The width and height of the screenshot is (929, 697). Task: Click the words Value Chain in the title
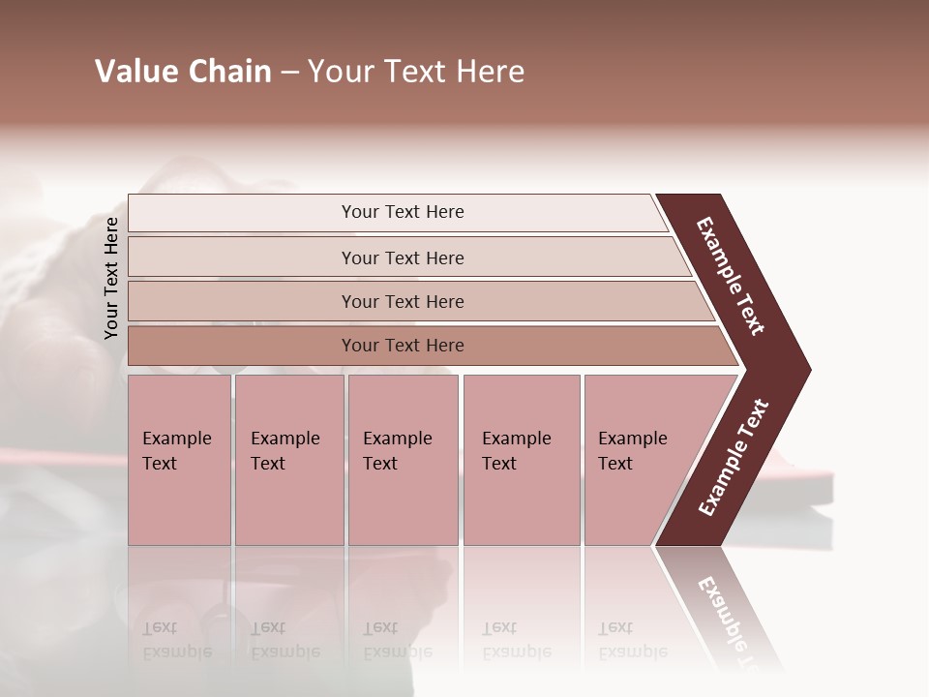click(x=183, y=72)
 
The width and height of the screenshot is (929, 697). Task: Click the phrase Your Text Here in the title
click(x=416, y=72)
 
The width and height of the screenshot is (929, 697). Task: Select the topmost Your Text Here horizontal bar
click(x=397, y=212)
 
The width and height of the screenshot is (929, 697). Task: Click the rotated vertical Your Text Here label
click(x=111, y=278)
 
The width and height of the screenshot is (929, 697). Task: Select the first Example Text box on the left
click(x=179, y=459)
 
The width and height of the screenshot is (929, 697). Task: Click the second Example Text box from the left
click(x=288, y=459)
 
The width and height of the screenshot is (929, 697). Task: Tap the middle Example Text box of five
click(x=403, y=459)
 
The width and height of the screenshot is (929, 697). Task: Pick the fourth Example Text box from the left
click(x=522, y=459)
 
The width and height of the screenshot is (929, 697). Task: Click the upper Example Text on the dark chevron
click(x=731, y=277)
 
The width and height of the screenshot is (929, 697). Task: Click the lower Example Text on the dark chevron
click(x=734, y=457)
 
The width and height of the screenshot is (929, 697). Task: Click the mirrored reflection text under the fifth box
click(x=631, y=640)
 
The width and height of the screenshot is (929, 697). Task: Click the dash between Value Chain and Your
click(x=289, y=73)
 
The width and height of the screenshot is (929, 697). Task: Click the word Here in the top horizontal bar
click(x=445, y=212)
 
